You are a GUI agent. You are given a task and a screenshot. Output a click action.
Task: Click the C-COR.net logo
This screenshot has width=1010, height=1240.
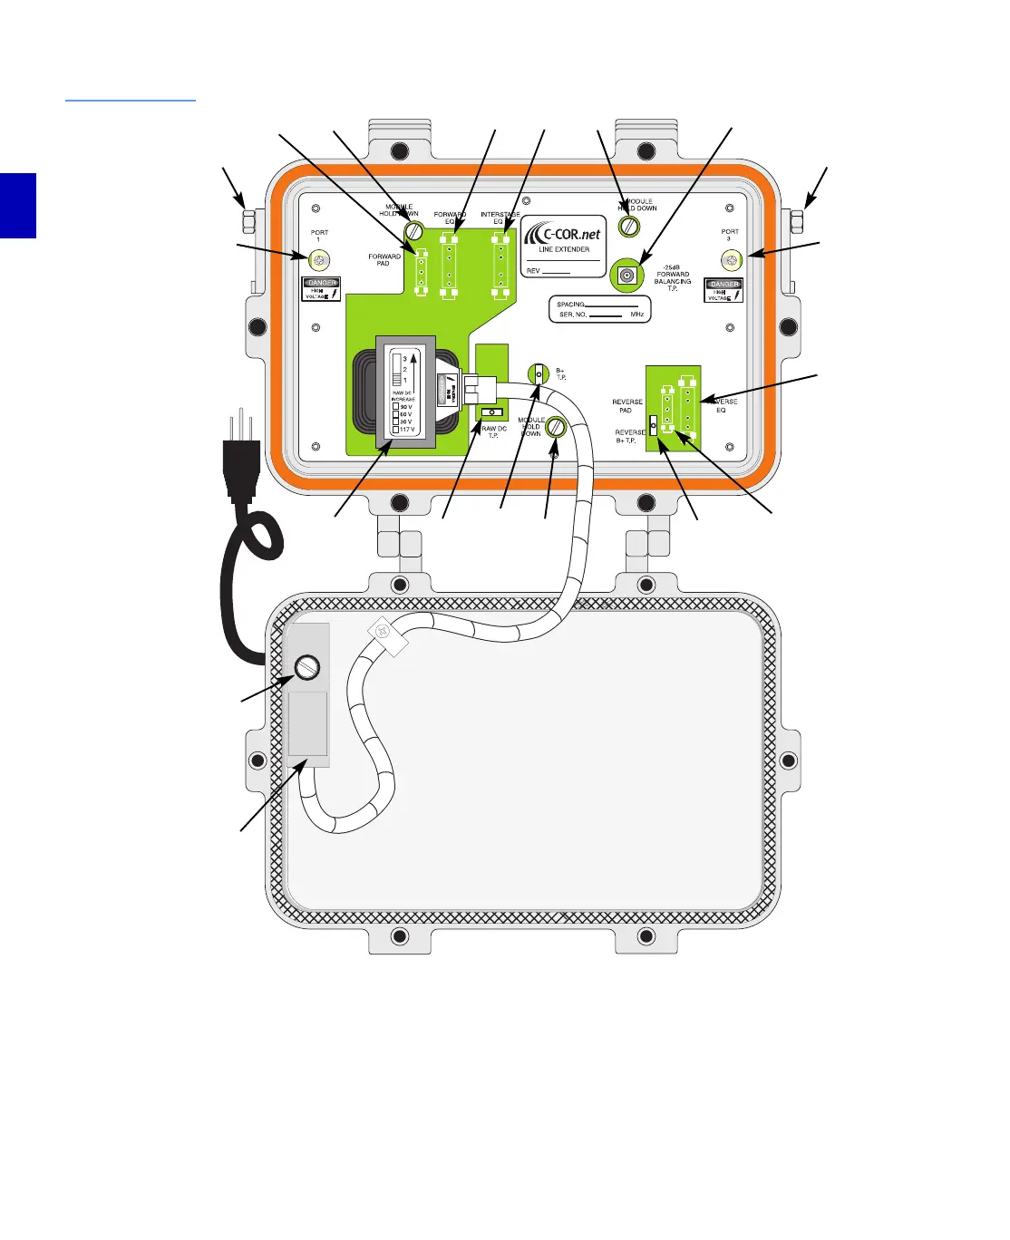tap(563, 235)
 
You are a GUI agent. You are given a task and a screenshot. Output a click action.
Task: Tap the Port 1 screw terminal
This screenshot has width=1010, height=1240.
tap(319, 260)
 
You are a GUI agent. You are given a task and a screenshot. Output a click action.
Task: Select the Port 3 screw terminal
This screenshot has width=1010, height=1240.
tap(732, 260)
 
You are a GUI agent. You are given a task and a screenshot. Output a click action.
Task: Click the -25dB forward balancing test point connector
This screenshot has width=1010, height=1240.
tap(626, 275)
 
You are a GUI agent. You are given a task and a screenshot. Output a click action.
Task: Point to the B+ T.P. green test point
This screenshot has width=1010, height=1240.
tap(539, 373)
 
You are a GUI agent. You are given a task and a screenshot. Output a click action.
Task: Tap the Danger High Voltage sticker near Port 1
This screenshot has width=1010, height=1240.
tap(321, 289)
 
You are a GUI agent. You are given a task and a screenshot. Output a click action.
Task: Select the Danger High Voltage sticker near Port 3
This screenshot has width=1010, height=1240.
tap(724, 290)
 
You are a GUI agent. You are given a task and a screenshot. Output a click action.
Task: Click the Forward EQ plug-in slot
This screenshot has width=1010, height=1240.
tap(449, 265)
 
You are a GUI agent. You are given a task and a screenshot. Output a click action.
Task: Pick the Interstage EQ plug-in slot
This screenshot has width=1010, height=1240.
tap(498, 265)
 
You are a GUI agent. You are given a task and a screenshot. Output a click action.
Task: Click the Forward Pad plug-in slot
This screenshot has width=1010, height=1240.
tap(420, 272)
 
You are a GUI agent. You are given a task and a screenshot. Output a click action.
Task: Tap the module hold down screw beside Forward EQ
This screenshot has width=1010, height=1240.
tap(414, 230)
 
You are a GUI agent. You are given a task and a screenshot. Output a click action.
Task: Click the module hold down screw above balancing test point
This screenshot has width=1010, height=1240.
tap(629, 227)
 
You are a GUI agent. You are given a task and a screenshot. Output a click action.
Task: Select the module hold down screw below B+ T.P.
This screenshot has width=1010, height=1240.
tap(557, 427)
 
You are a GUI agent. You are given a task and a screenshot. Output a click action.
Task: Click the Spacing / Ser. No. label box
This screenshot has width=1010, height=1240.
tap(599, 309)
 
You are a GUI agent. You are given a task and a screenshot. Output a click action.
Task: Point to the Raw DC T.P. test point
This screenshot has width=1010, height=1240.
tap(491, 412)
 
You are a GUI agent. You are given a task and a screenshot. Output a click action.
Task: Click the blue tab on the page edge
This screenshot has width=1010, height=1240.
tap(17, 206)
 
